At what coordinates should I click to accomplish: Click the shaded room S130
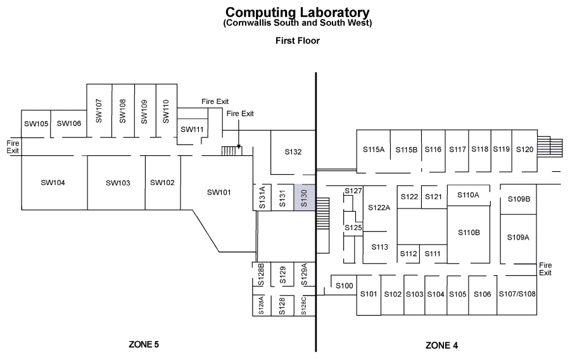pos(304,199)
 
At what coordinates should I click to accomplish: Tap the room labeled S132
pos(293,152)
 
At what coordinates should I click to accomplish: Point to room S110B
pos(469,233)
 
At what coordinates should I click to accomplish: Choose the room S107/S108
pos(517,294)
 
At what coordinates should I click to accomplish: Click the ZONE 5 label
pos(144,345)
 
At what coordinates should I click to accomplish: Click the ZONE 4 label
pos(441,345)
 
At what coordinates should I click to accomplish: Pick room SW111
pos(192,129)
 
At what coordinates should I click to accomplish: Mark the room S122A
pos(379,207)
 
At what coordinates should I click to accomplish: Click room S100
pos(344,286)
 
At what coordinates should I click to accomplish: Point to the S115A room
pos(374,150)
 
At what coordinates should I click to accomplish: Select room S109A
pos(518,237)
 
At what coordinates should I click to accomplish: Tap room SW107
pos(99,110)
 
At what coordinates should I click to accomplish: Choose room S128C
pos(304,305)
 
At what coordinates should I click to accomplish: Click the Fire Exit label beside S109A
pos(545,269)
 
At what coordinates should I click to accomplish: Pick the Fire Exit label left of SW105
pos(13,147)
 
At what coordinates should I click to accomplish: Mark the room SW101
pos(218,193)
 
